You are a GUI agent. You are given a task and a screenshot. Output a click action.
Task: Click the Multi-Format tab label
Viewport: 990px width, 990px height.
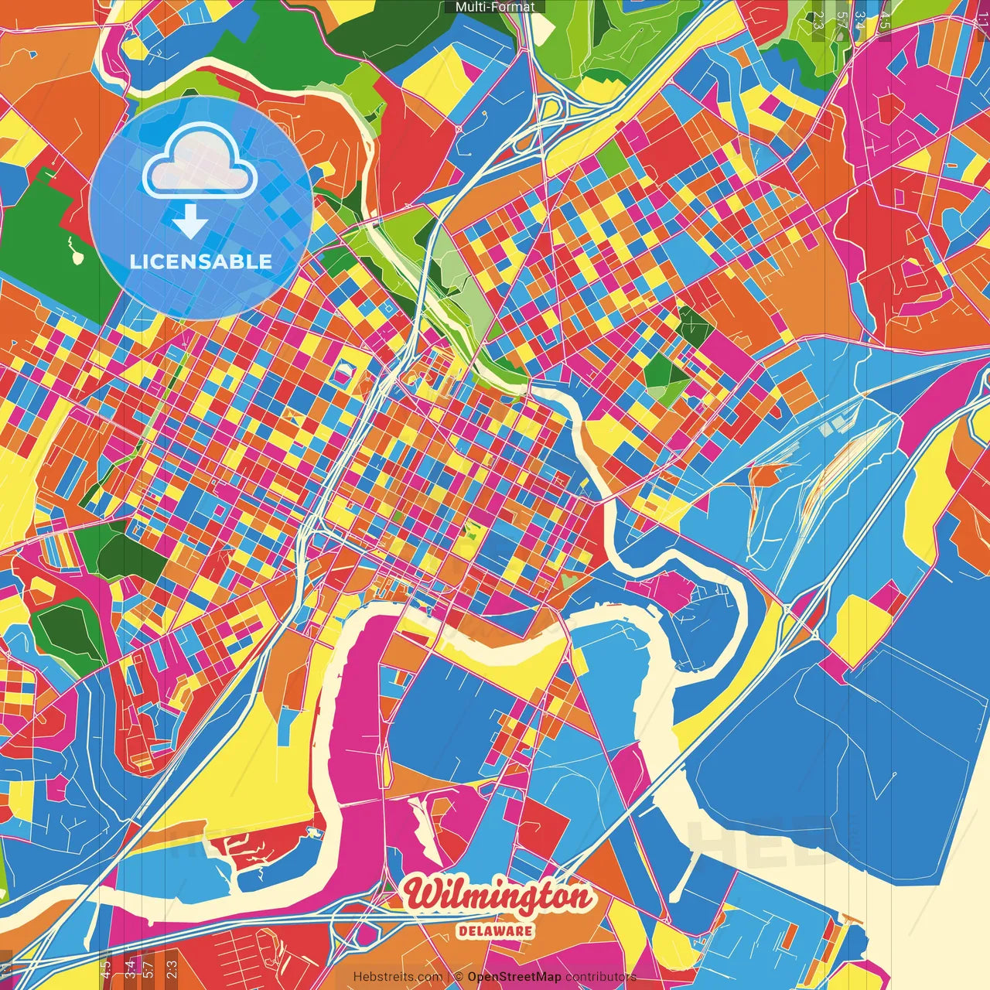pos(495,7)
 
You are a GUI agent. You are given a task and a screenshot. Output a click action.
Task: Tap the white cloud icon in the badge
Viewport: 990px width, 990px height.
pos(200,162)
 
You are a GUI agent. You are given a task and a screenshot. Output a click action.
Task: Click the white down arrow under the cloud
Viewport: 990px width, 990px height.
pos(189,224)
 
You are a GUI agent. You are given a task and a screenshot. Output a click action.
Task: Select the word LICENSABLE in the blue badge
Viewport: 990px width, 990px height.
pos(201,261)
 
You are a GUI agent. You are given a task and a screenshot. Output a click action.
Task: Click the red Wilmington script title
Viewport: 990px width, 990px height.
pos(499,896)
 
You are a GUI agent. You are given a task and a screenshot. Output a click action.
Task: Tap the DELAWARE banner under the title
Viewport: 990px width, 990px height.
pos(495,930)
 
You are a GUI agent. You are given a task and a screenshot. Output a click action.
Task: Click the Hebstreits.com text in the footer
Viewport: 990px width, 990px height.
pos(398,977)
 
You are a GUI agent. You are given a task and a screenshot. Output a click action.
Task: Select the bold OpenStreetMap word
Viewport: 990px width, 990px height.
pos(514,977)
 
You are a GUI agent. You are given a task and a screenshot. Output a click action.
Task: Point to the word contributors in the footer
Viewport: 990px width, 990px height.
pos(600,977)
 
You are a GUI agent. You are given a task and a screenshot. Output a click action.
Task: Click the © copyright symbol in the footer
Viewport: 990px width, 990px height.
pos(459,977)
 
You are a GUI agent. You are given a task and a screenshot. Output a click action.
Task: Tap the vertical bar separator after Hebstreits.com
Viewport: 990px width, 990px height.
pos(449,977)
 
